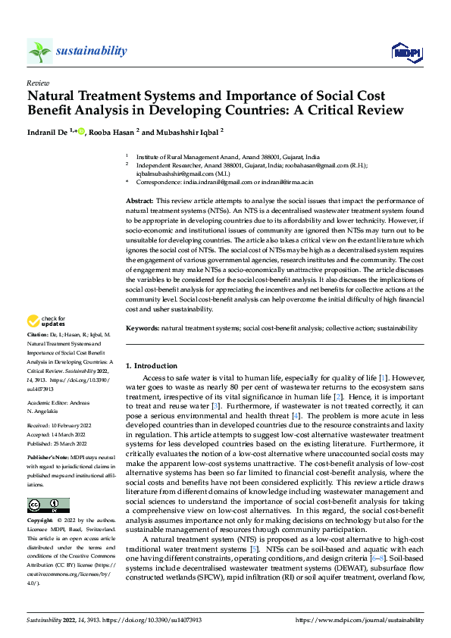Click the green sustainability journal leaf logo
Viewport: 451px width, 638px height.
click(39, 51)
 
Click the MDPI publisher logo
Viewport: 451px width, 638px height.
click(404, 51)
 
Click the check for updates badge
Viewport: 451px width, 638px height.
click(46, 342)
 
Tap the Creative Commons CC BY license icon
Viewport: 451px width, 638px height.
click(48, 505)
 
